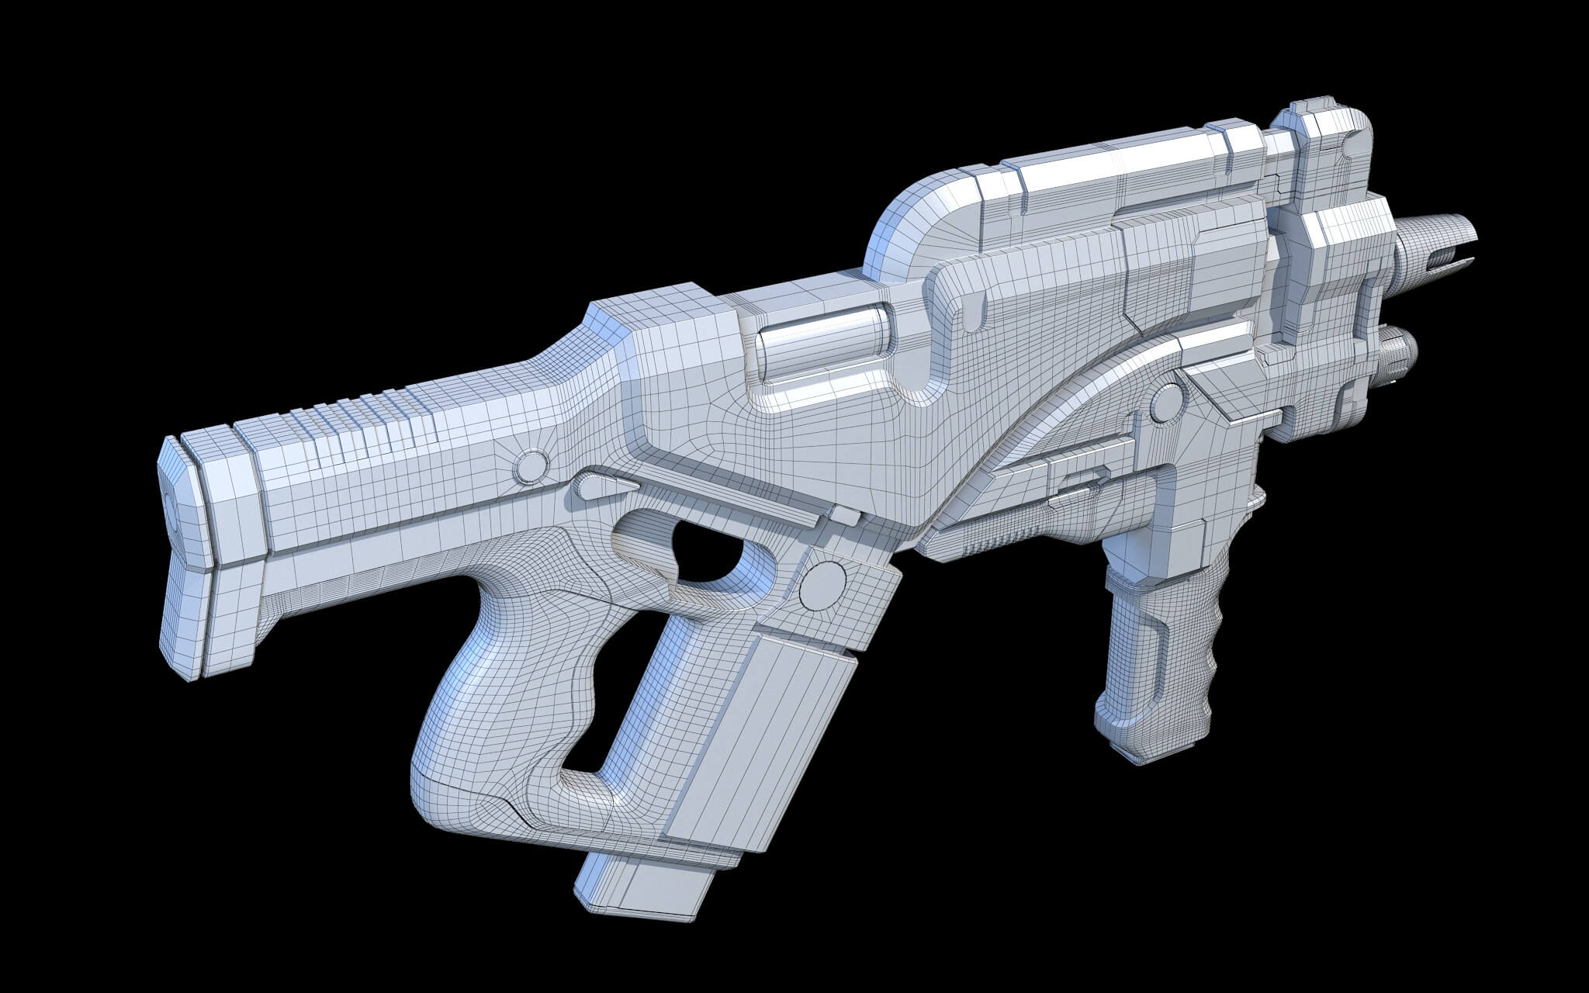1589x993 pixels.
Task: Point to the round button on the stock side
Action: (x=530, y=464)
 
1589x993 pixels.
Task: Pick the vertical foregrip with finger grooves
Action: (x=1156, y=659)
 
